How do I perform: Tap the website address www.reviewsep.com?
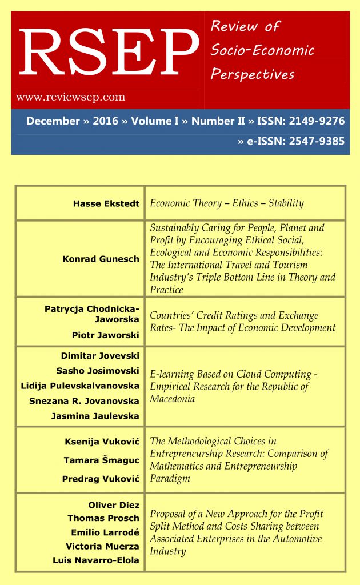(x=71, y=97)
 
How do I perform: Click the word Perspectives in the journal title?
(x=253, y=74)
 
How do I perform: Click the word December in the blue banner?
(x=53, y=121)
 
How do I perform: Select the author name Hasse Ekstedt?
(x=106, y=203)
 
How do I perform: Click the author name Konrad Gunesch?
(x=101, y=259)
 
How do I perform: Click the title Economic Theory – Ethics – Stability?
(x=227, y=203)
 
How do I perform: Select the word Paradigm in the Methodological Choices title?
(x=170, y=478)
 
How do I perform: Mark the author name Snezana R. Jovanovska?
(x=85, y=401)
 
